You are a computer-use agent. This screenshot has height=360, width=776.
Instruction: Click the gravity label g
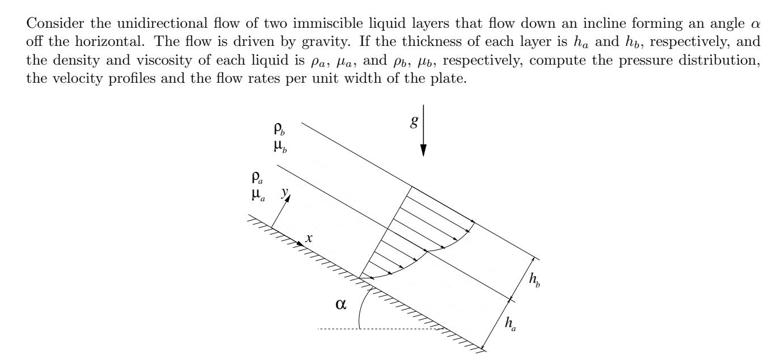[x=414, y=122]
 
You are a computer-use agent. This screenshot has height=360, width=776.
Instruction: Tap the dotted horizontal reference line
[x=397, y=328]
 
